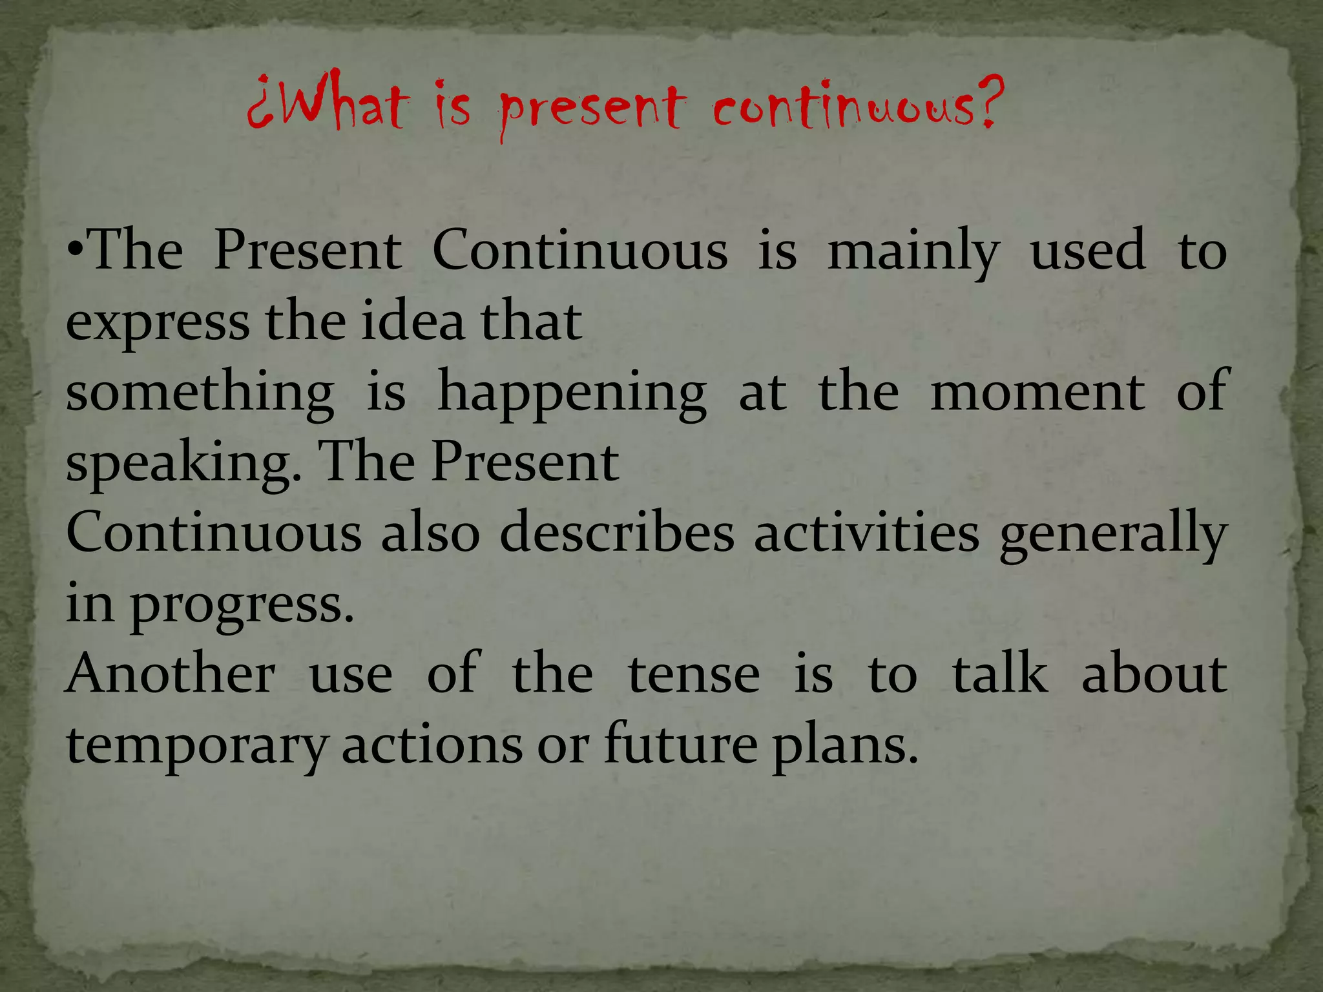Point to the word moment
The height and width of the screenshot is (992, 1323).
[1037, 392]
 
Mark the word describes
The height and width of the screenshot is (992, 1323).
[617, 533]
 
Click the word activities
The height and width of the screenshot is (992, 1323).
[867, 533]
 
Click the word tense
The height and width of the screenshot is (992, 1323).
[694, 675]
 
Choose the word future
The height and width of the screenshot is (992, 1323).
[681, 745]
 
